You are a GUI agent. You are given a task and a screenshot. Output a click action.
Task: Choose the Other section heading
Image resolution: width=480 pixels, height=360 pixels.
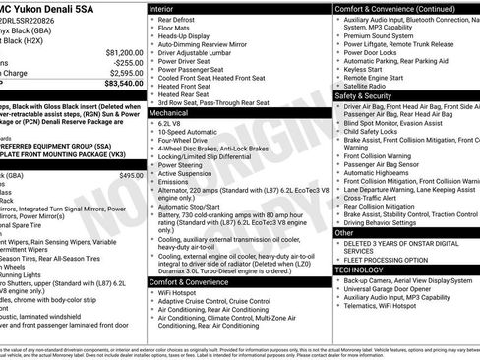tap(344, 232)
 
